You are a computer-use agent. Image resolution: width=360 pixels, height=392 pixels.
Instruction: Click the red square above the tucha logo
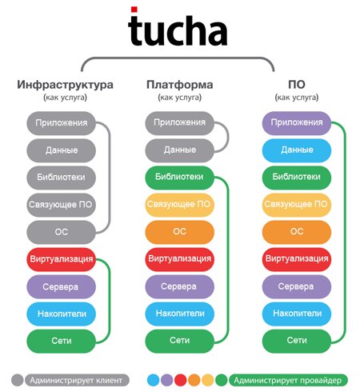(x=134, y=10)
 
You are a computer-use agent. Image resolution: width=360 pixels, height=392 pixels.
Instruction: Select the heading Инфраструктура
(x=65, y=85)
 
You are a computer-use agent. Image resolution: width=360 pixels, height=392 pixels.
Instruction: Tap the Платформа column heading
(x=179, y=85)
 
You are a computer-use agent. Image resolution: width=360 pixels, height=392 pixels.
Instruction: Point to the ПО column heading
(x=297, y=85)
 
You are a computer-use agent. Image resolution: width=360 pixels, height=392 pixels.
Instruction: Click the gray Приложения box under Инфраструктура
(x=61, y=123)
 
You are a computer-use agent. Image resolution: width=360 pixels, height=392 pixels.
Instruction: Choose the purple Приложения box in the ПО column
(x=297, y=122)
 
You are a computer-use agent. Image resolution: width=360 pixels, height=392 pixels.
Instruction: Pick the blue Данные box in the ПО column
(x=297, y=150)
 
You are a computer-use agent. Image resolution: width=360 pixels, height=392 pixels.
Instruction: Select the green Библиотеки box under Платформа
(x=179, y=177)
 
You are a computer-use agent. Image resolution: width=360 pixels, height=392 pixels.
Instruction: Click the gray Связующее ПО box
(x=61, y=205)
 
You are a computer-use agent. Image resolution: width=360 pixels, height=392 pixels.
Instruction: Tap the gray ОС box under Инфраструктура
(x=61, y=232)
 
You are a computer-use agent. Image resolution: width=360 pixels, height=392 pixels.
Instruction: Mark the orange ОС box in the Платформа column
(x=179, y=231)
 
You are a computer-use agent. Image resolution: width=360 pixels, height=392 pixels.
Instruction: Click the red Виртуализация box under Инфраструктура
(x=61, y=259)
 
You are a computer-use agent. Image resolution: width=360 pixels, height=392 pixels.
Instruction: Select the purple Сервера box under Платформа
(x=179, y=286)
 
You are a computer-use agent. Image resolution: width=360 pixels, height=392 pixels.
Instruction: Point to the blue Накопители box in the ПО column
(x=297, y=314)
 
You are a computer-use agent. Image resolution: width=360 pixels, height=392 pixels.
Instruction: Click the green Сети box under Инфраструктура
(x=61, y=341)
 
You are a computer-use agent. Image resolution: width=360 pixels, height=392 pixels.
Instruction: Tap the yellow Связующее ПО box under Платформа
(x=179, y=204)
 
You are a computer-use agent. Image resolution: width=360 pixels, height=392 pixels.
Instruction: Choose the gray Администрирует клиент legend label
(x=77, y=380)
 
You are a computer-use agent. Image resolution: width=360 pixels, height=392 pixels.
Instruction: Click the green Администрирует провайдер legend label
(x=288, y=380)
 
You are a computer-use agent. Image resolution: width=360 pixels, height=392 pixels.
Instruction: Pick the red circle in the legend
(x=180, y=380)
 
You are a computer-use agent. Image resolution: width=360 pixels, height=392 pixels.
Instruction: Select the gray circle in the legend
(x=18, y=380)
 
